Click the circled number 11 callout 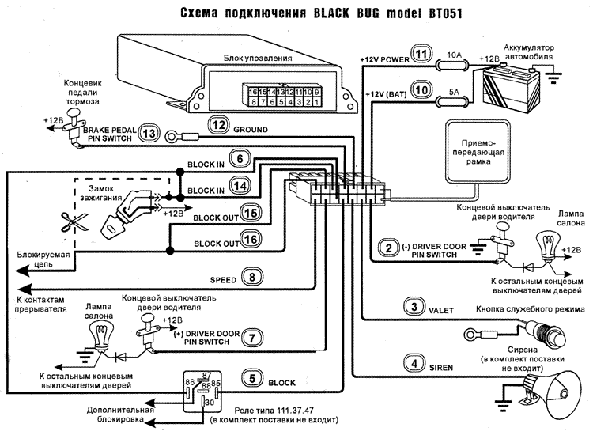click(x=424, y=55)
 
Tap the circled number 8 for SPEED click(x=251, y=278)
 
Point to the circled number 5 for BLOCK click(x=251, y=380)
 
